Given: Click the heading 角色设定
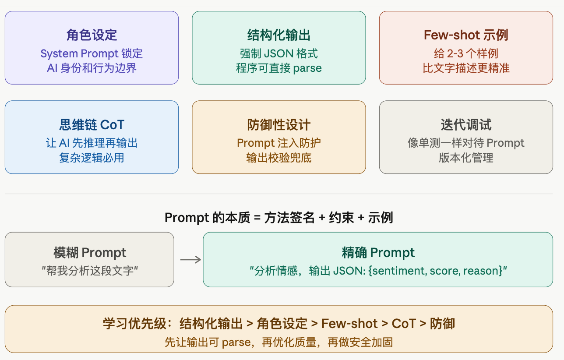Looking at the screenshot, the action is (x=92, y=35).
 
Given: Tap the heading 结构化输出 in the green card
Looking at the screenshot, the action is (x=279, y=35).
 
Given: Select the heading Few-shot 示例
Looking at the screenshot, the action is (x=466, y=35).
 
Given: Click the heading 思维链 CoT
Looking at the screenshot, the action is (x=92, y=125).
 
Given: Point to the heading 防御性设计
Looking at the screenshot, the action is (x=279, y=125).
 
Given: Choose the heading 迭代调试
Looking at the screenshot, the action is (x=466, y=125).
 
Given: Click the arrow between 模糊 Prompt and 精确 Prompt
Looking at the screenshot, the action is (x=190, y=260).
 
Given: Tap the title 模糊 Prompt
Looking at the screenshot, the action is (x=90, y=253).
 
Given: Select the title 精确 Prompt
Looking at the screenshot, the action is (x=378, y=253).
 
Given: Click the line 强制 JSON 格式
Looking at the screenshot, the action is (x=279, y=54).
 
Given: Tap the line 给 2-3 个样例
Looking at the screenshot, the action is (x=466, y=54).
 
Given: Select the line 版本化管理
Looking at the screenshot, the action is (x=466, y=158).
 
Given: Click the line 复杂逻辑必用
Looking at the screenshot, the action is (x=92, y=158).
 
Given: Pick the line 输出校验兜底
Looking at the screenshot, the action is (x=279, y=158).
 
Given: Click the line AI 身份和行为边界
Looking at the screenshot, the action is (x=92, y=68).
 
